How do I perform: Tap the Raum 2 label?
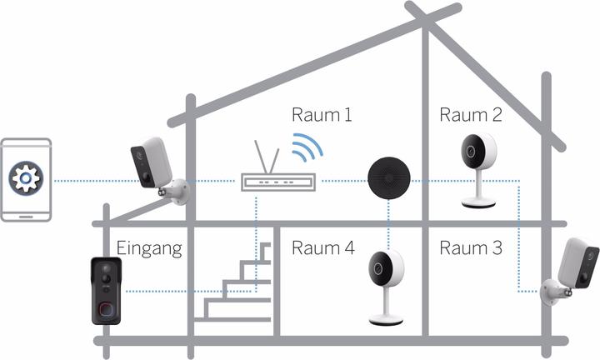coord(472,115)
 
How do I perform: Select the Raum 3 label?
coord(472,247)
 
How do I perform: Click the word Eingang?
coord(149,247)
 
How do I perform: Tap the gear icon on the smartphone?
coord(26,180)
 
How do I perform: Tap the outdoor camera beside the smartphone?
coord(155,167)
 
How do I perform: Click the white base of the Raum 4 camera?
coord(386,320)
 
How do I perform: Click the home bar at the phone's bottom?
coord(26,212)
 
